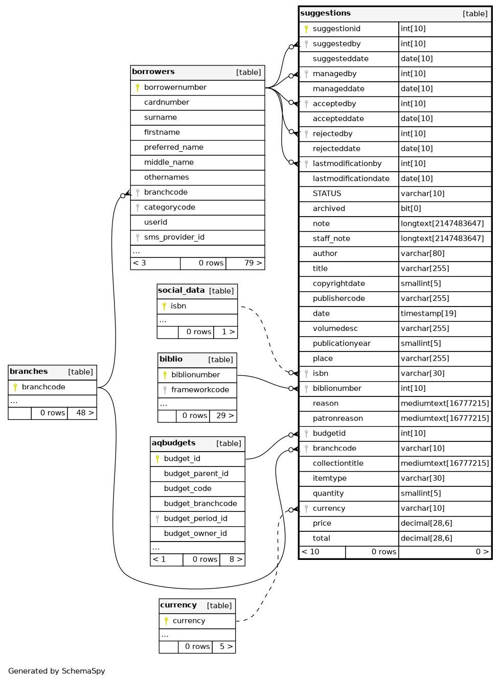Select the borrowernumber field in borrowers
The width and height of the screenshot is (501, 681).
coord(175,87)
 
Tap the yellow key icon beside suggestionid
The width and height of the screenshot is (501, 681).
coord(306,29)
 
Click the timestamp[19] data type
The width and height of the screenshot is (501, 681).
coord(428,314)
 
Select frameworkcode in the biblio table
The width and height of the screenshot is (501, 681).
coord(200,390)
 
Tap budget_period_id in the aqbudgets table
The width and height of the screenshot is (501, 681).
coord(195,519)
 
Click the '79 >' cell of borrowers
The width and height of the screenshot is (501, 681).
coord(253,263)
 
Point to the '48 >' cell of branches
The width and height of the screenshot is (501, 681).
coord(84,413)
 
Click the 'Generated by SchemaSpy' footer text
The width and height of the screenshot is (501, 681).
coord(57,671)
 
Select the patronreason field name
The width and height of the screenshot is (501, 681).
coord(338,418)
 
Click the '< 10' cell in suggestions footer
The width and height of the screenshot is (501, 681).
coord(311,552)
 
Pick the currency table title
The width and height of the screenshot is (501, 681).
coord(178,605)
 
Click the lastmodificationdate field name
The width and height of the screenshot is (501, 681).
coord(351,179)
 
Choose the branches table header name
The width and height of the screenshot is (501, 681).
coord(29,372)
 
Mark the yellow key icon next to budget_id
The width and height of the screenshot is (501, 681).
coord(157,459)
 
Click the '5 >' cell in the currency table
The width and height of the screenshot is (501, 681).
coord(226,647)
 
